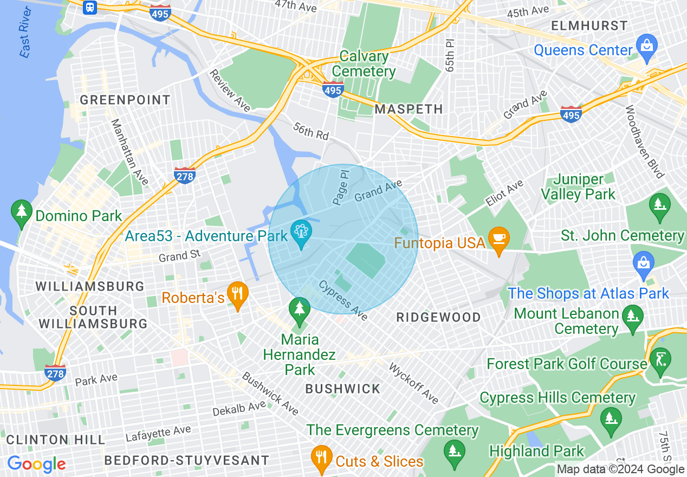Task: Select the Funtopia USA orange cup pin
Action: pos(497,239)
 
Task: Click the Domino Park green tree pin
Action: pos(22,212)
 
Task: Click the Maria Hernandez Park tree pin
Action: pos(299,310)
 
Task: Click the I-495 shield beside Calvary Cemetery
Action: pos(333,89)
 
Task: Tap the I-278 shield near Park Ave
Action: pos(55,372)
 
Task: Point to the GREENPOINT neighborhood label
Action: pos(125,100)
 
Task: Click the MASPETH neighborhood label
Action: pos(409,109)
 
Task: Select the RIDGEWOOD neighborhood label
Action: pos(438,317)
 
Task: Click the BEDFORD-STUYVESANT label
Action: pos(186,460)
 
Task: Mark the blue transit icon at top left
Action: pos(90,8)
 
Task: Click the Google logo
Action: pos(36,464)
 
